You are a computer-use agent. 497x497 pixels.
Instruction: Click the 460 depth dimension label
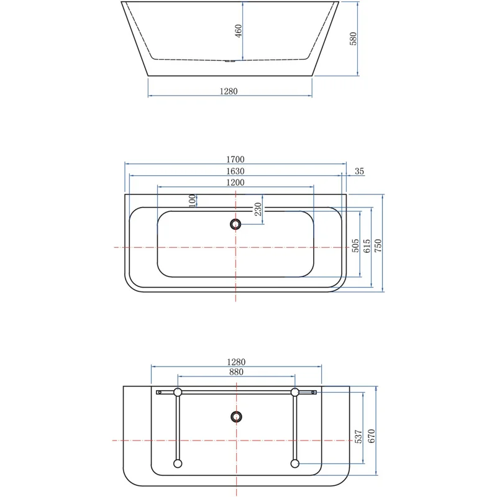pyautogui.click(x=239, y=30)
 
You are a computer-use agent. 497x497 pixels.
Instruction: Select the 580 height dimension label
pyautogui.click(x=353, y=39)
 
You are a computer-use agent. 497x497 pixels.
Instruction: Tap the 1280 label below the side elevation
pyautogui.click(x=229, y=91)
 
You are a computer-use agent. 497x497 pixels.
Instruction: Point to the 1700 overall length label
pyautogui.click(x=235, y=159)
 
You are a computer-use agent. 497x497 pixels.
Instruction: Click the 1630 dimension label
pyautogui.click(x=235, y=171)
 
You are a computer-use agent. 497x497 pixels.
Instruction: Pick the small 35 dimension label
pyautogui.click(x=359, y=171)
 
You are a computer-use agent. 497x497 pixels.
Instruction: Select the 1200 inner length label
pyautogui.click(x=235, y=182)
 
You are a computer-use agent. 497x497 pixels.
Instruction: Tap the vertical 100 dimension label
pyautogui.click(x=193, y=200)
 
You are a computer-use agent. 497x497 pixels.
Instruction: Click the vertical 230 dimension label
pyautogui.click(x=258, y=209)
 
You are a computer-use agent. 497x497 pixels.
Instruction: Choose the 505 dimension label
pyautogui.click(x=355, y=245)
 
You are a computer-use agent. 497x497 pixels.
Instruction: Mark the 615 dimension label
pyautogui.click(x=367, y=245)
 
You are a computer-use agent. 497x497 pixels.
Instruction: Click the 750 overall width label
pyautogui.click(x=378, y=245)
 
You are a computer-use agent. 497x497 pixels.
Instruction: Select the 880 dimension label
pyautogui.click(x=235, y=372)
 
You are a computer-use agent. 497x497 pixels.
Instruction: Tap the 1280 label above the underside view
pyautogui.click(x=236, y=362)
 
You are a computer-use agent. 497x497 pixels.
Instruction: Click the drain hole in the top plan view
pyautogui.click(x=235, y=224)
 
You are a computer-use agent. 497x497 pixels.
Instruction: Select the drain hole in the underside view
pyautogui.click(x=235, y=416)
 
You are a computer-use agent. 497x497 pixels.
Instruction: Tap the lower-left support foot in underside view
pyautogui.click(x=178, y=463)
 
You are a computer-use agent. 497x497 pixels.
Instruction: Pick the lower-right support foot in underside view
pyautogui.click(x=294, y=463)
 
